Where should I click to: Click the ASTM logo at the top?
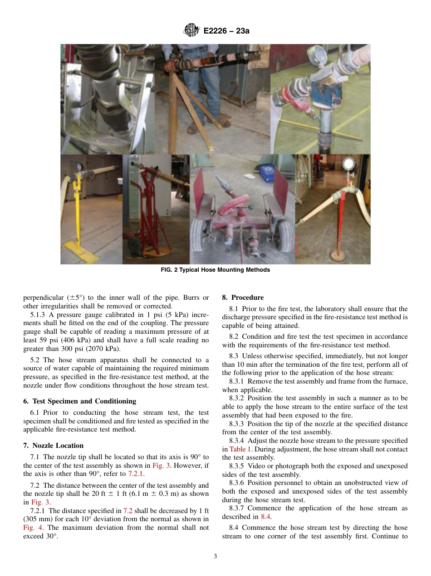(x=191, y=31)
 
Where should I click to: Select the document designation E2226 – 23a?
(x=226, y=31)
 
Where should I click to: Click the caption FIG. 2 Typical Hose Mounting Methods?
(x=215, y=270)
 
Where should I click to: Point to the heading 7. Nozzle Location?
(x=53, y=446)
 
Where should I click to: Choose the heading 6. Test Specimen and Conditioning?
(x=79, y=401)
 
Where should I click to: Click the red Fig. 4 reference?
(x=30, y=528)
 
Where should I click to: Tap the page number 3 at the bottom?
(x=215, y=557)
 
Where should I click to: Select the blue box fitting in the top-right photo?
(x=323, y=98)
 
